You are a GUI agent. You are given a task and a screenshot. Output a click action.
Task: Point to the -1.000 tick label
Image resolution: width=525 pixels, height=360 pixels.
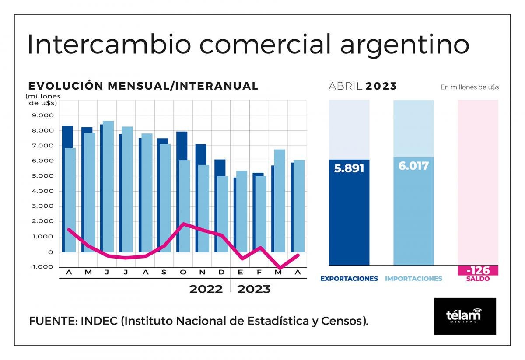tap(42, 267)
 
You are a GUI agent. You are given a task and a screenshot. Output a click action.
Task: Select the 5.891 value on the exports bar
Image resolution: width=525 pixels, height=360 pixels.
tap(349, 168)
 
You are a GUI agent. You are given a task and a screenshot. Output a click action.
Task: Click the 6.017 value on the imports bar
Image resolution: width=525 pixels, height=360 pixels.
tap(413, 166)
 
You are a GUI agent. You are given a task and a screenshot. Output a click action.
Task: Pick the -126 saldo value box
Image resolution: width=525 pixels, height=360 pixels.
tap(478, 270)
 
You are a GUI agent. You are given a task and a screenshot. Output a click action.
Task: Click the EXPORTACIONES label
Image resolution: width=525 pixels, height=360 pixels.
tap(349, 279)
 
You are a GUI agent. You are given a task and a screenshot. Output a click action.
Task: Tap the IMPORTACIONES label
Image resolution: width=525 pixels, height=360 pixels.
tap(413, 279)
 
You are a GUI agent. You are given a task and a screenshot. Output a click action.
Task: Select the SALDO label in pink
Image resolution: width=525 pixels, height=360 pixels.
tap(478, 279)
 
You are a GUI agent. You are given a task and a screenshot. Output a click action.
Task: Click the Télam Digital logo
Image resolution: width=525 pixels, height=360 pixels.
tap(465, 316)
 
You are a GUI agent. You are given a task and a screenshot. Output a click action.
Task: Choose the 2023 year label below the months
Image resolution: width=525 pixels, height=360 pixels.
tap(254, 289)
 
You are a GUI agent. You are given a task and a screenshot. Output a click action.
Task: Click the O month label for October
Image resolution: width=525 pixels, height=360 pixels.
tap(183, 273)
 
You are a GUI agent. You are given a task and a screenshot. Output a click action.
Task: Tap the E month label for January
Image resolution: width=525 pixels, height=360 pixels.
tap(241, 273)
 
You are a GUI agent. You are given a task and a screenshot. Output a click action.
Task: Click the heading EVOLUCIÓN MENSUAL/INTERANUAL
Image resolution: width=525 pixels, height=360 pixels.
tap(143, 86)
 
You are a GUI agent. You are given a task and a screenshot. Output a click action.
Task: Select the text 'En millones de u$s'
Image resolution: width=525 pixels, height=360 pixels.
tap(469, 87)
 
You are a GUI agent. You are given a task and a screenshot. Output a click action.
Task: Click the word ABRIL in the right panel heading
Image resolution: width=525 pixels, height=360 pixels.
tap(346, 86)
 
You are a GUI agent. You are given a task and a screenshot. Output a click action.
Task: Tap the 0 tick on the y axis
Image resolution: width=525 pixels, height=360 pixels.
tap(51, 252)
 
